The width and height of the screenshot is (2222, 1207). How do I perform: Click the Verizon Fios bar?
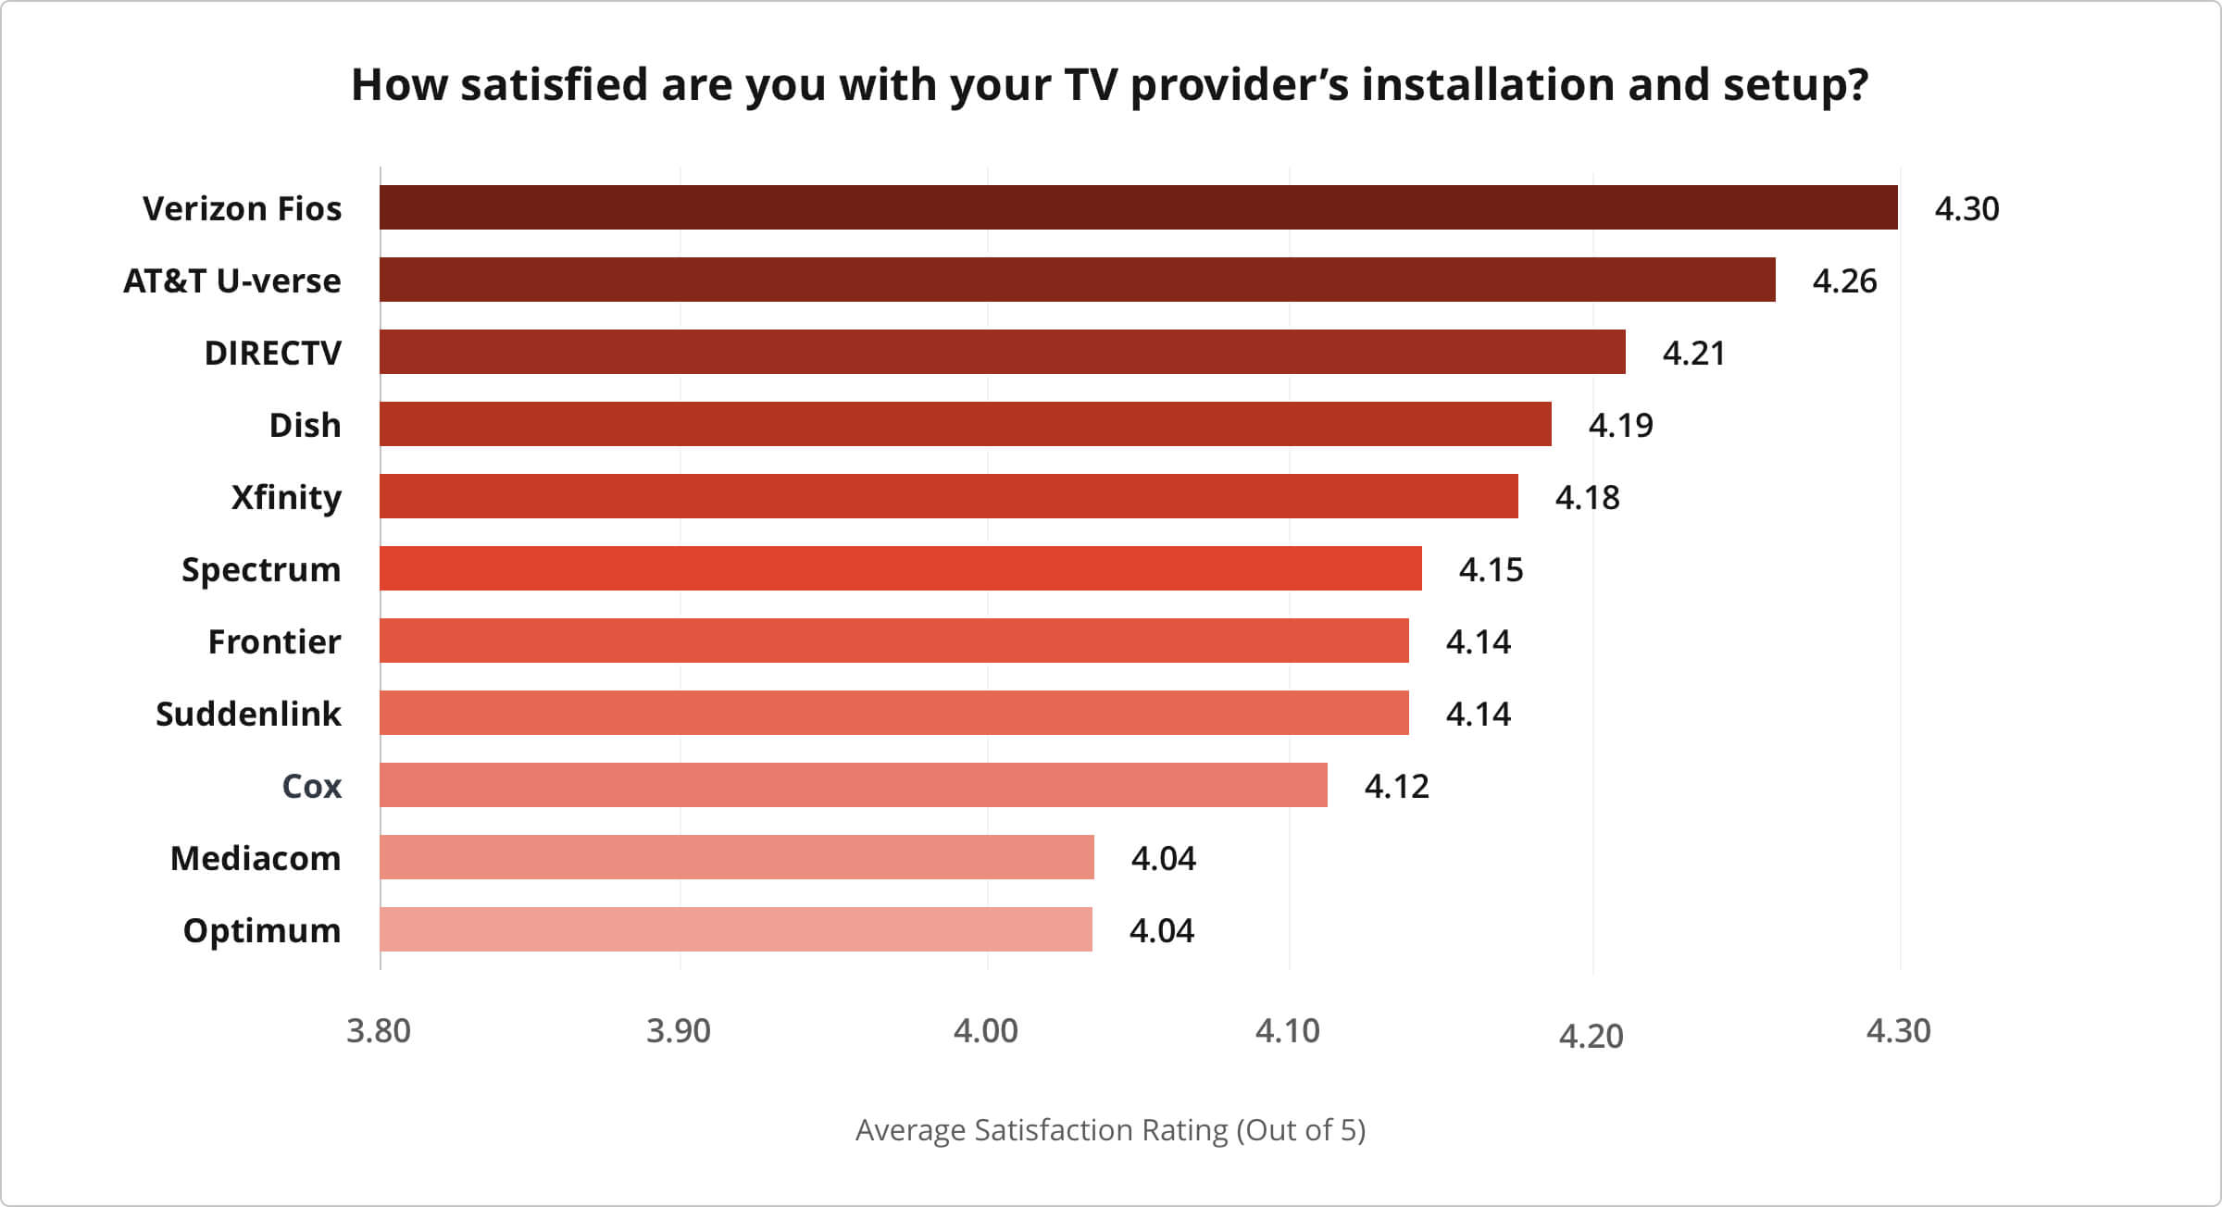point(1138,207)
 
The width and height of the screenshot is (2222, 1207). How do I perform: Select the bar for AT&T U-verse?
point(1077,280)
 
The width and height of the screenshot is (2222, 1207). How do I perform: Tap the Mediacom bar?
point(736,857)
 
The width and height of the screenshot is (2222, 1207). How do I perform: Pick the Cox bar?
point(853,785)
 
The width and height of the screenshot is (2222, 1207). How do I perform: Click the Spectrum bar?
point(900,568)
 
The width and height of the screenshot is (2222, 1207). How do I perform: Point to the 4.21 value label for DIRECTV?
point(1693,353)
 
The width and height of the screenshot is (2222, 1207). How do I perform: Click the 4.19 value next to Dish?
point(1620,425)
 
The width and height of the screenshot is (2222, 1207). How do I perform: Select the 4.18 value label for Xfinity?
point(1587,497)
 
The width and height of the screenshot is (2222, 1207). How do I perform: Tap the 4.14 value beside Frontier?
point(1478,641)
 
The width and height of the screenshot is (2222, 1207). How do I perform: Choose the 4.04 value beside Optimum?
point(1161,930)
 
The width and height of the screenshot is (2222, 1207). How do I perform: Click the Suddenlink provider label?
point(248,714)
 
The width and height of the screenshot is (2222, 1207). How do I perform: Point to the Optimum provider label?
point(262,930)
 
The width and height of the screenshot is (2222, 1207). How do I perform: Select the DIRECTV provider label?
point(272,353)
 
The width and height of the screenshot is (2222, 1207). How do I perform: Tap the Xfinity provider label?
point(286,497)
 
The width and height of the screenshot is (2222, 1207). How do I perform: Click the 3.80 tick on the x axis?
point(378,1030)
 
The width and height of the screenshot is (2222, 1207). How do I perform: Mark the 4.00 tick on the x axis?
point(985,1030)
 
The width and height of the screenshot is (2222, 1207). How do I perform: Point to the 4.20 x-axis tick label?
point(1591,1036)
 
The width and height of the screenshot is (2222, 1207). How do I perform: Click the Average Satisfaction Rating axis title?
point(1110,1129)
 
